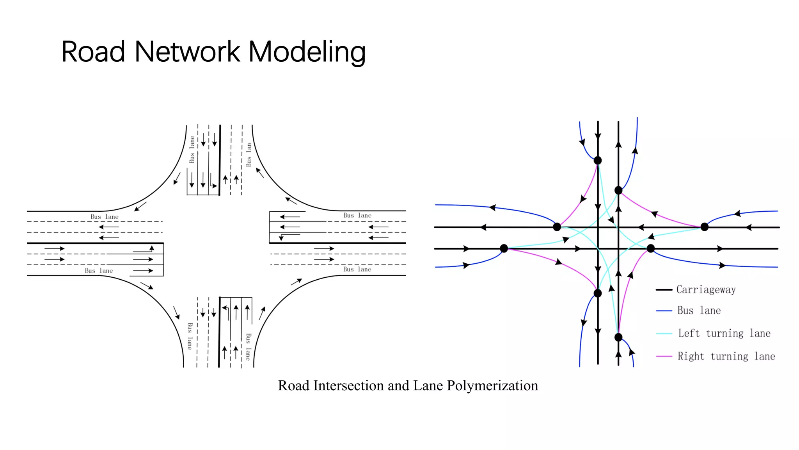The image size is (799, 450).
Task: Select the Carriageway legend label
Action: (x=706, y=289)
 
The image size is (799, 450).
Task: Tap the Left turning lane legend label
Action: (x=724, y=333)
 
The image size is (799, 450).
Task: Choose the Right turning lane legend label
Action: (x=726, y=356)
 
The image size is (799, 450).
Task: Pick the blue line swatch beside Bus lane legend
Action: (x=664, y=311)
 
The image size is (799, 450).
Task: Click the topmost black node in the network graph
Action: (x=597, y=161)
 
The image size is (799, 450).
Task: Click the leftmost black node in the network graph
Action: (x=504, y=248)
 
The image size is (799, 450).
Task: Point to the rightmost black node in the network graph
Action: (x=704, y=227)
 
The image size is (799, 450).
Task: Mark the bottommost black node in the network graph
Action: (x=618, y=337)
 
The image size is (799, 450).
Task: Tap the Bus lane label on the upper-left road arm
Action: (x=104, y=217)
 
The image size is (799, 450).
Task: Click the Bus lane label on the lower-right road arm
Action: (x=357, y=270)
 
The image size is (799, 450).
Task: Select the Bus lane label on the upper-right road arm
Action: (x=357, y=216)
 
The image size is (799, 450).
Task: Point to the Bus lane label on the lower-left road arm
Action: (x=99, y=271)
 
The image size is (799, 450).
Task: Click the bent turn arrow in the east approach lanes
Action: (x=289, y=236)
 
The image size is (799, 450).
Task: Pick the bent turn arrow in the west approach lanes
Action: (x=144, y=250)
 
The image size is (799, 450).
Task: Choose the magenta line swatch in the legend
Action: (x=664, y=356)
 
